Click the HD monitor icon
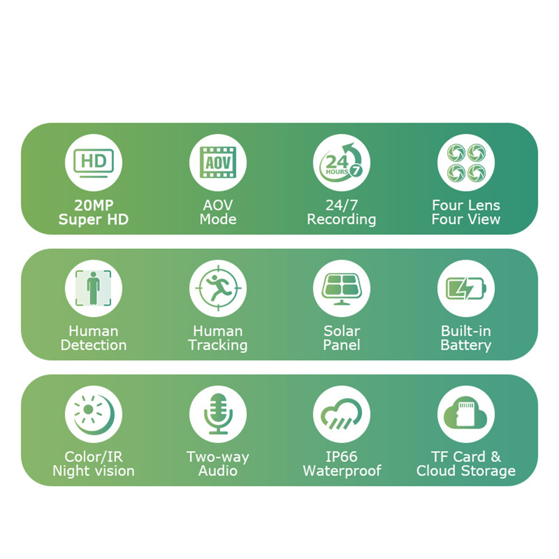coord(93,163)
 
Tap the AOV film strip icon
coord(218,163)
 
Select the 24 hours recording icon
coord(342,162)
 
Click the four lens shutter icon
coord(466,163)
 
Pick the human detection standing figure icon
coord(93,288)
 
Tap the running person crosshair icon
coord(218,288)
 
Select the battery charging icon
coord(466,288)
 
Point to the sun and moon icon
coord(94,414)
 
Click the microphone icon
coord(218,414)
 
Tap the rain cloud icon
coord(342,414)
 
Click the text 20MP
coord(94,205)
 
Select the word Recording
coord(342,220)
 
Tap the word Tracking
coord(218,345)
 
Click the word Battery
coord(466,345)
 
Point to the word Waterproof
coord(342,471)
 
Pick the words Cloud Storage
coord(466,471)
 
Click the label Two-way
coord(218,457)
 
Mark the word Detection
coord(93,345)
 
